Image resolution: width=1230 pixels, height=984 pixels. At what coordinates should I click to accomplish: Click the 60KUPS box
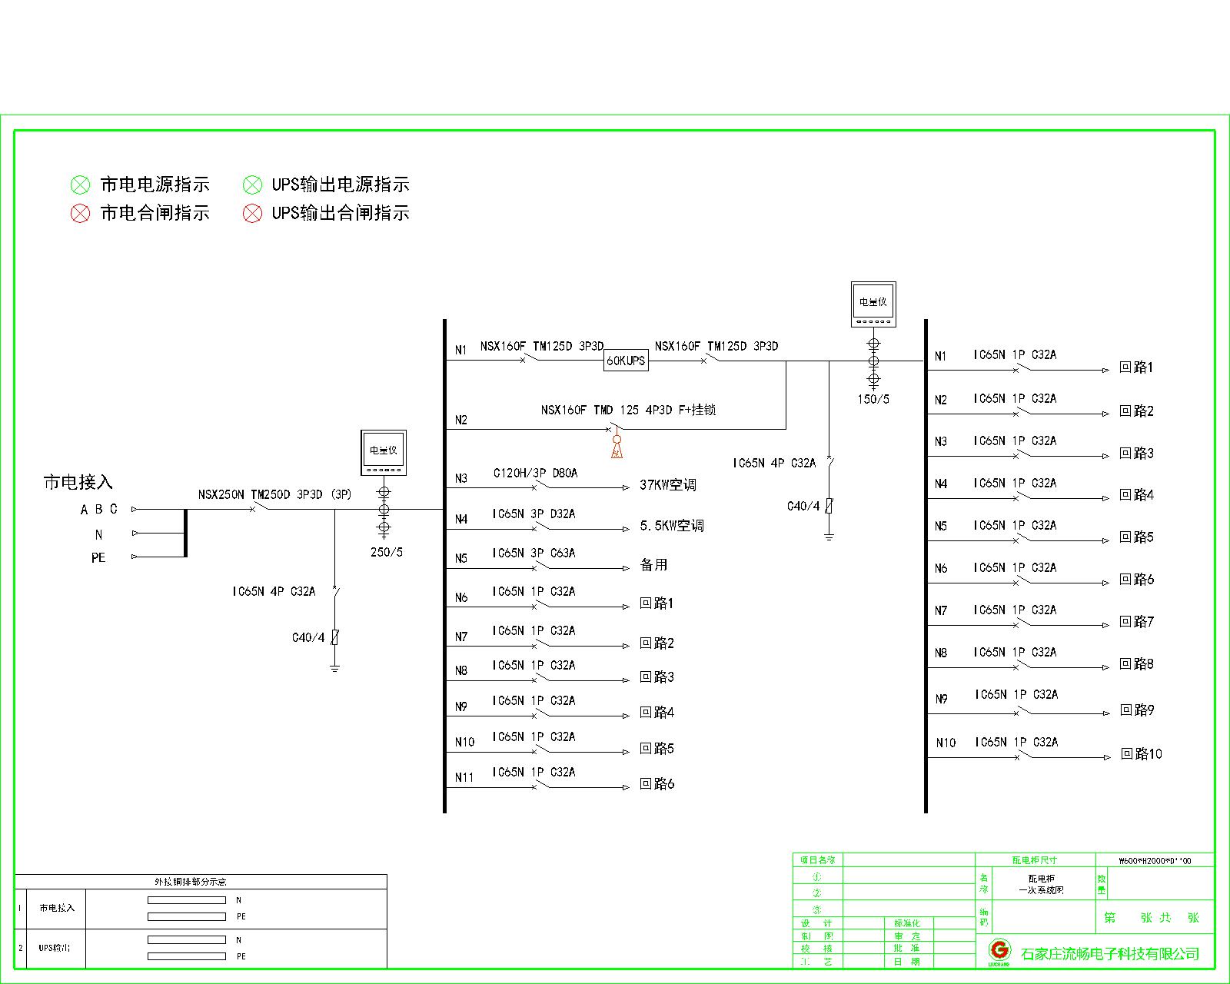tap(626, 360)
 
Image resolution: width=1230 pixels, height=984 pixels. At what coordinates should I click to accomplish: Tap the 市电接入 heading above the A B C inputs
tap(78, 482)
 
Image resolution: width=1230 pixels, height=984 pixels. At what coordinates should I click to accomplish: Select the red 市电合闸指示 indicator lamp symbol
tap(80, 213)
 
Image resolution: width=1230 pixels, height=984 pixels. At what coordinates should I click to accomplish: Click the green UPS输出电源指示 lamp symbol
tap(252, 184)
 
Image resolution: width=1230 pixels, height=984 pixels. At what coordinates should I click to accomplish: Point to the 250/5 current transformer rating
tap(386, 552)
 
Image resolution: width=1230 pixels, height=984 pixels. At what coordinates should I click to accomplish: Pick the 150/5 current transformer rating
tap(873, 399)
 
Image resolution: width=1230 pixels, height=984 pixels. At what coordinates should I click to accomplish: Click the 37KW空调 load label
tap(667, 485)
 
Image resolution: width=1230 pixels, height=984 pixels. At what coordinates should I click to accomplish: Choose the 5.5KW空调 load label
tap(671, 526)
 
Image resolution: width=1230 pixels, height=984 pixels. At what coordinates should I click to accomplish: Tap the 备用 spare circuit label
tap(653, 564)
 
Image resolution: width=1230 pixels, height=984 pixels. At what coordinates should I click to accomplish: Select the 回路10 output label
tap(1141, 753)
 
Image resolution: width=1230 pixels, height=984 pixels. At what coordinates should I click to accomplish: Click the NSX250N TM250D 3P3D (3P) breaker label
tap(274, 494)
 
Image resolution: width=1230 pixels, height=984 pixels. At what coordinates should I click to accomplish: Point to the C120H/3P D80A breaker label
tap(535, 473)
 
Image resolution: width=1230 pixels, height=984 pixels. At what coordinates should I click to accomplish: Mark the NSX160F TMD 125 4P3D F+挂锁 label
tap(628, 410)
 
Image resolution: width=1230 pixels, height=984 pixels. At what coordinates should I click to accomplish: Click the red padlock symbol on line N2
tap(616, 446)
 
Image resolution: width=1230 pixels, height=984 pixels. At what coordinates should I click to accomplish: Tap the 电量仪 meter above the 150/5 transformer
tap(873, 301)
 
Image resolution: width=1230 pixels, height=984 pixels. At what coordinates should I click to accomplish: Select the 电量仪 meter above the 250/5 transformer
tap(384, 450)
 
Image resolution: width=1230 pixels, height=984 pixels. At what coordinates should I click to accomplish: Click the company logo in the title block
tap(999, 950)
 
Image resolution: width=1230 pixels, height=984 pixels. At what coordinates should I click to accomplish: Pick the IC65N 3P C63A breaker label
tap(534, 553)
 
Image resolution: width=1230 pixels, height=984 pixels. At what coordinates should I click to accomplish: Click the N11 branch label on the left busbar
tap(464, 777)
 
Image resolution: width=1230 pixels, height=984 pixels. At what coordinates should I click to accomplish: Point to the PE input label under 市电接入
tap(98, 557)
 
